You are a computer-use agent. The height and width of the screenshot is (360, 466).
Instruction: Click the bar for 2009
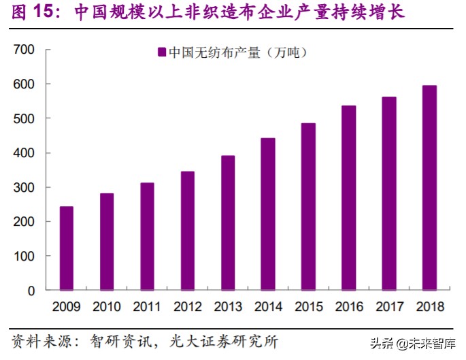67,248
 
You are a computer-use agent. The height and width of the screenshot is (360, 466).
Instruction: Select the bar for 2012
188,230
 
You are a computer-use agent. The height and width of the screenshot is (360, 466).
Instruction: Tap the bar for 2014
268,214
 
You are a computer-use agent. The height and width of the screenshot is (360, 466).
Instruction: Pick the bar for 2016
349,197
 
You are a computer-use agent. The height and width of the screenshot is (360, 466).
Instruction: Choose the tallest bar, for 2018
429,187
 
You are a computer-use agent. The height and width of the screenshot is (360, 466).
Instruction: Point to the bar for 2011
147,236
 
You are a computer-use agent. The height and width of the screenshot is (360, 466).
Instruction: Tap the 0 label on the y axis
31,291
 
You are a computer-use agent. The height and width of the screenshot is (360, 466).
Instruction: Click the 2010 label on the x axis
107,307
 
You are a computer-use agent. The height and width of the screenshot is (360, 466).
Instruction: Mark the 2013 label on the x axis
228,307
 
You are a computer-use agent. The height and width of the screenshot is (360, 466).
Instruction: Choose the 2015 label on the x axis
308,307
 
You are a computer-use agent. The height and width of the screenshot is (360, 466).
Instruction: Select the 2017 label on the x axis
389,307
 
